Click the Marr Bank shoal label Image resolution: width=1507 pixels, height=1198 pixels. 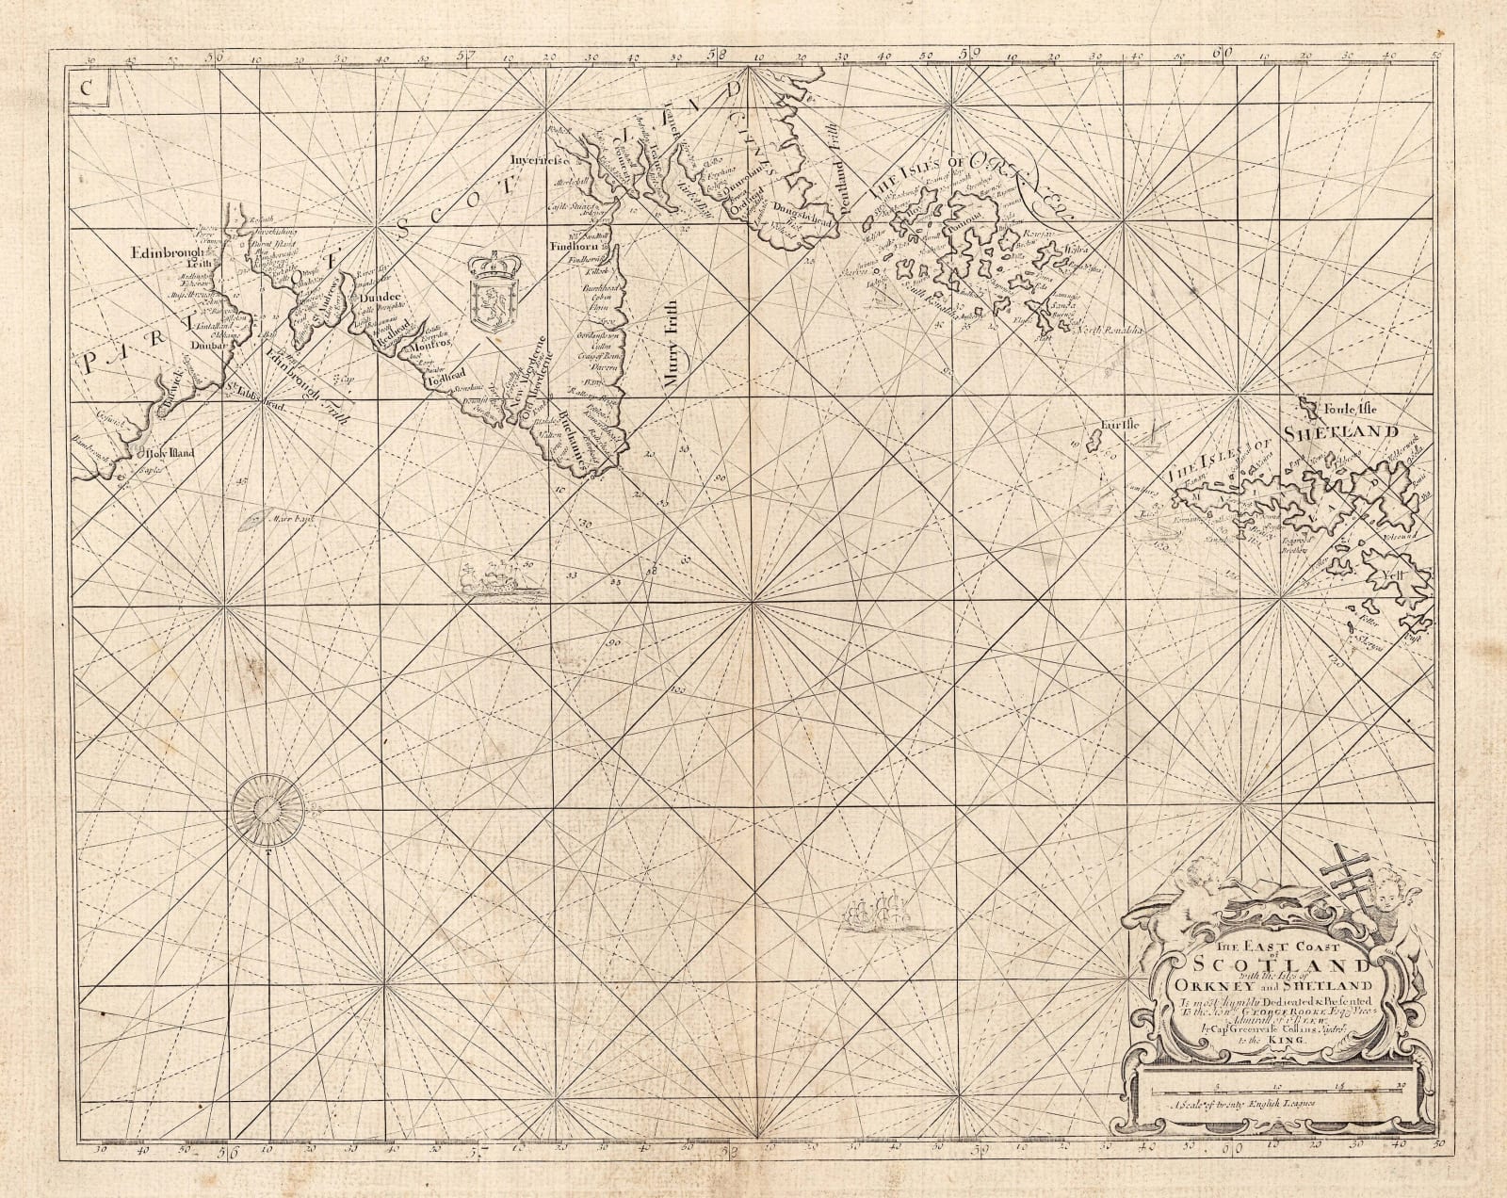click(x=287, y=518)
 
